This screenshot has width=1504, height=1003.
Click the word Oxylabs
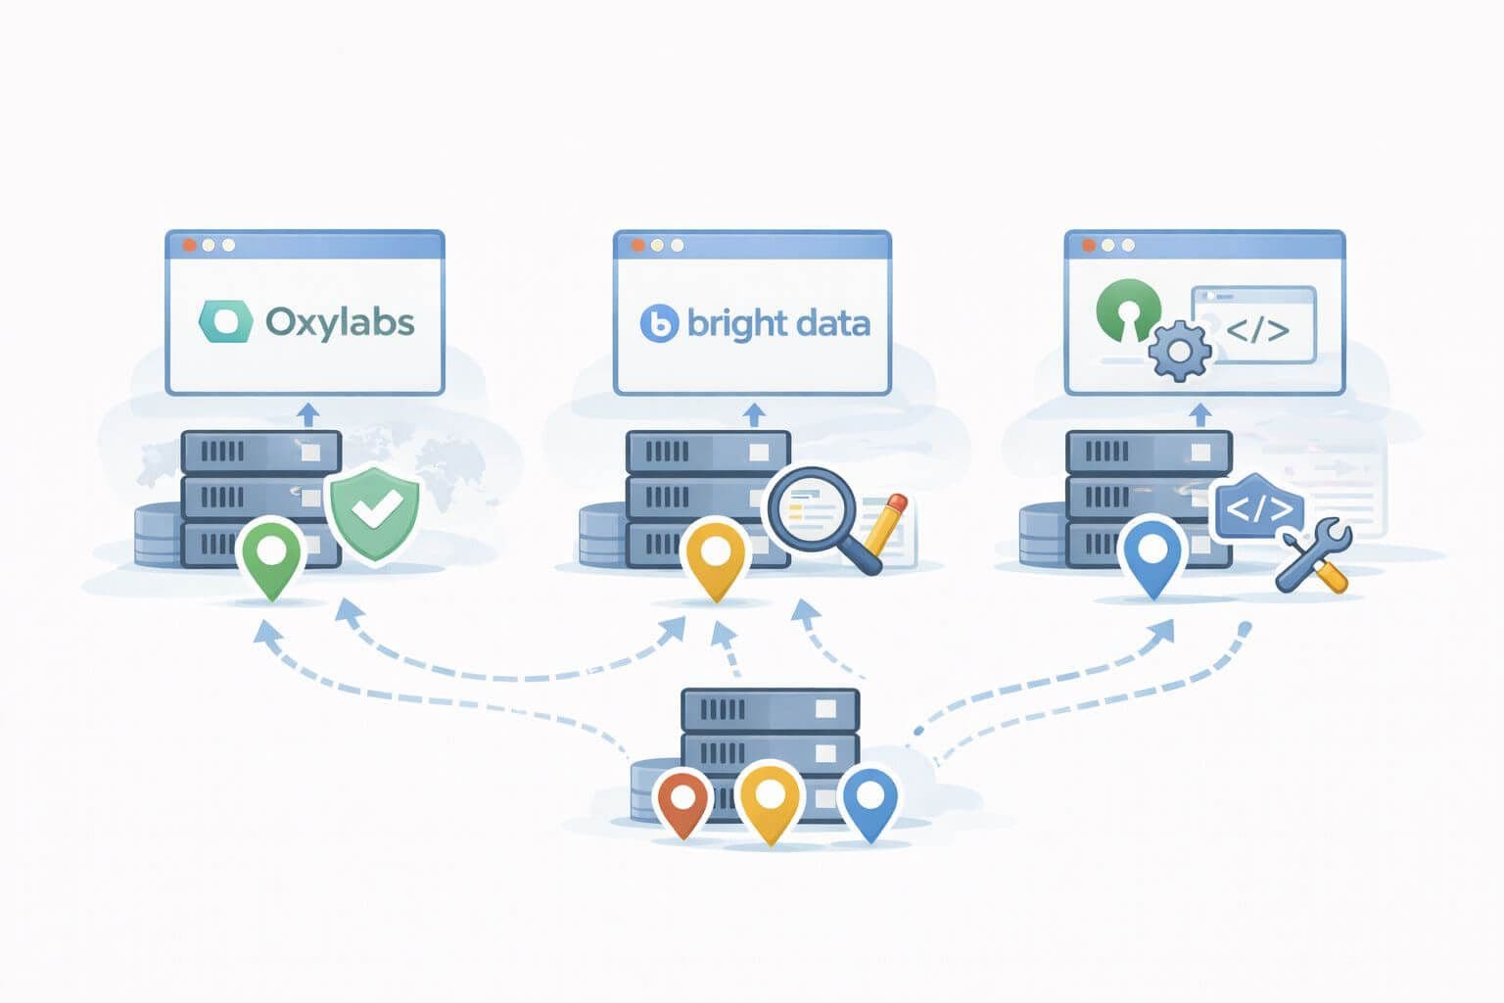[x=340, y=322]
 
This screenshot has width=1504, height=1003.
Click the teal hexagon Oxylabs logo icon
[x=225, y=322]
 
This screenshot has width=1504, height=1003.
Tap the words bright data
[x=778, y=323]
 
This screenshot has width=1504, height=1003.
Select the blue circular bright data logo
[x=659, y=324]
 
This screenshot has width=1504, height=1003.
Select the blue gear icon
[x=1179, y=351]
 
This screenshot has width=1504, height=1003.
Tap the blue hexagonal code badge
[x=1259, y=508]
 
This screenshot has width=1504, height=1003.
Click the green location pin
[x=271, y=556]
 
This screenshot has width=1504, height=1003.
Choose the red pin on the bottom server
[x=682, y=802]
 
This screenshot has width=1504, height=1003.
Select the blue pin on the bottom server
[x=869, y=802]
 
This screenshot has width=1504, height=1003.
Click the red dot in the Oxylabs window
[x=189, y=245]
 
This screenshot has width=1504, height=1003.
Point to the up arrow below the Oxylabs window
[x=307, y=413]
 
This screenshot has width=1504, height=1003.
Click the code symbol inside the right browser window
[x=1257, y=330]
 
